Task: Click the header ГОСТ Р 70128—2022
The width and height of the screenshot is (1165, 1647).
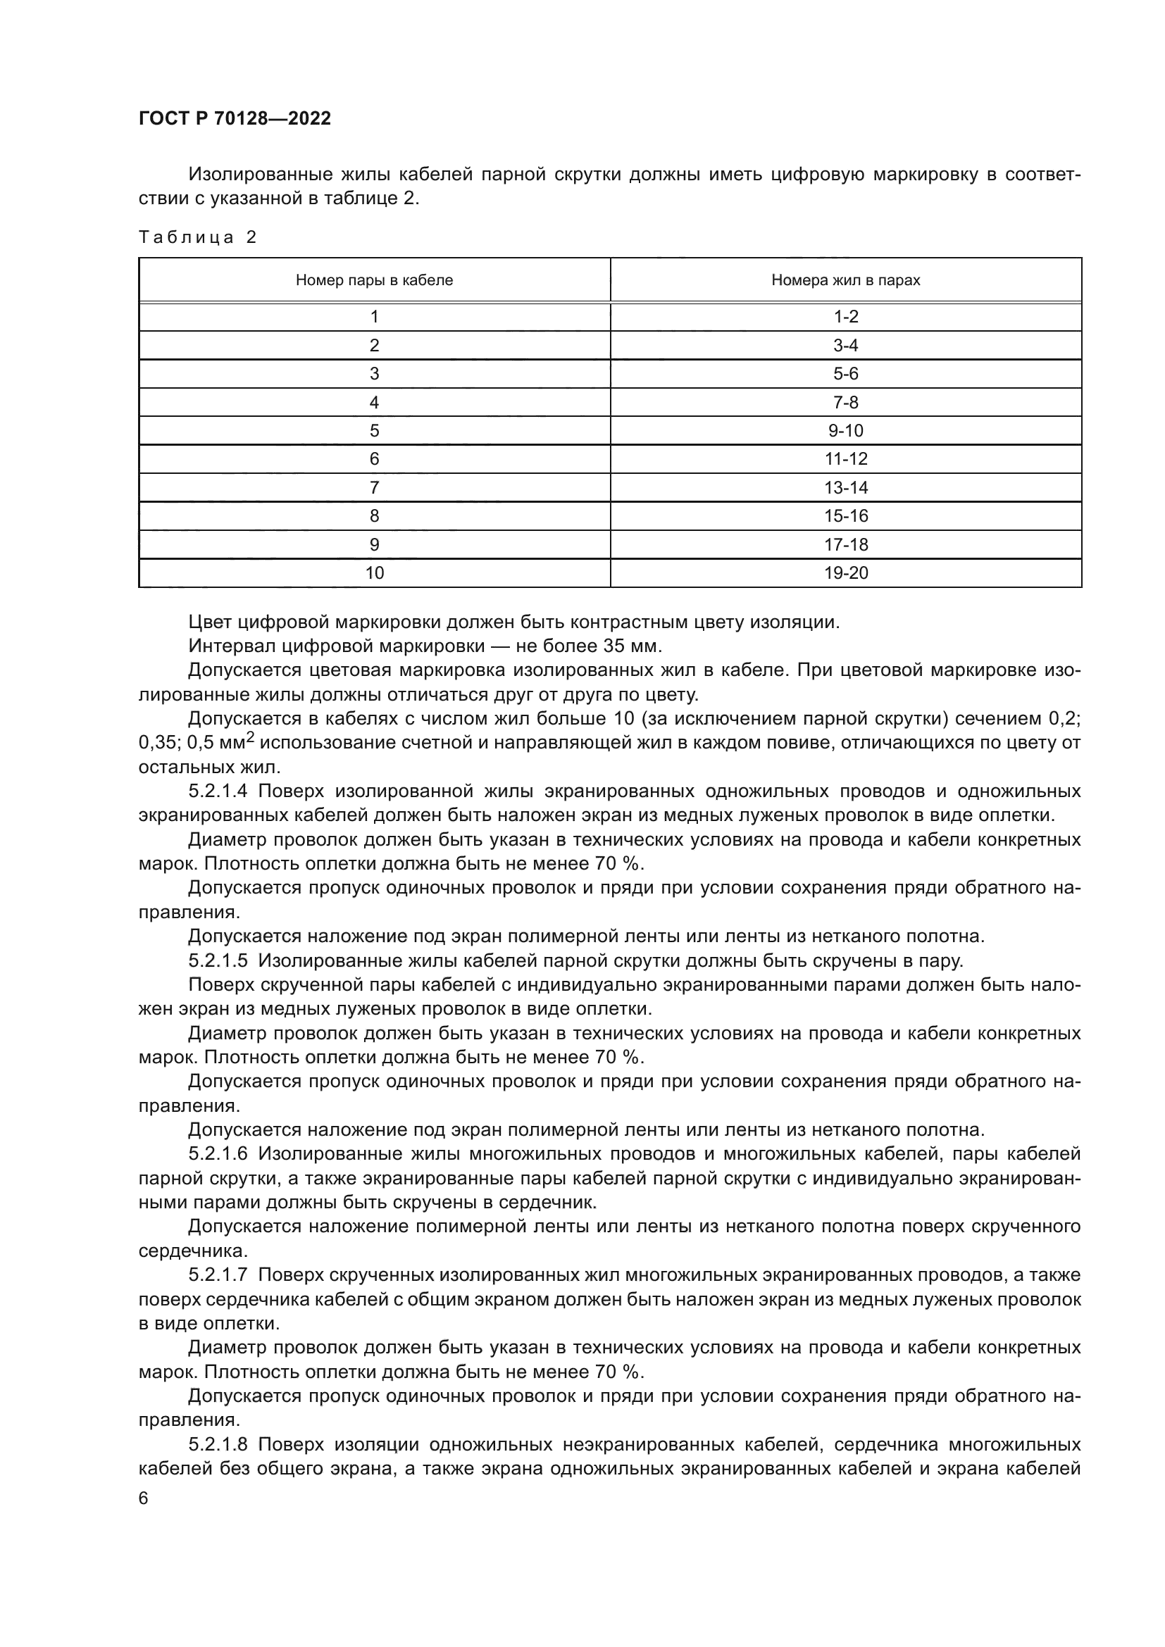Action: tap(235, 118)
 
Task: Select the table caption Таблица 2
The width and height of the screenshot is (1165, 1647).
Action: tap(197, 237)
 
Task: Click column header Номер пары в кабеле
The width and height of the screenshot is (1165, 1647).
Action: tap(374, 280)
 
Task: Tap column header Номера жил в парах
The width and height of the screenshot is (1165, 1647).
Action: tap(845, 280)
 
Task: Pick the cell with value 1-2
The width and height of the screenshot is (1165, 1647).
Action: tap(846, 317)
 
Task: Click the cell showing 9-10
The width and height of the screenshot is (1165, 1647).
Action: tap(846, 431)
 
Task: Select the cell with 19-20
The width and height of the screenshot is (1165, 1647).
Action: tap(846, 573)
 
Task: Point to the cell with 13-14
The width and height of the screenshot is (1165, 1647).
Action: tap(846, 488)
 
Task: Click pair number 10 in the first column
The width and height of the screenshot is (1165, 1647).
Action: tap(375, 573)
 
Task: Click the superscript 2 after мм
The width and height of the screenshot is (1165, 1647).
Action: tap(250, 738)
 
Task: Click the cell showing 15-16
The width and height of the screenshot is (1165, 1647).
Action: tap(846, 516)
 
